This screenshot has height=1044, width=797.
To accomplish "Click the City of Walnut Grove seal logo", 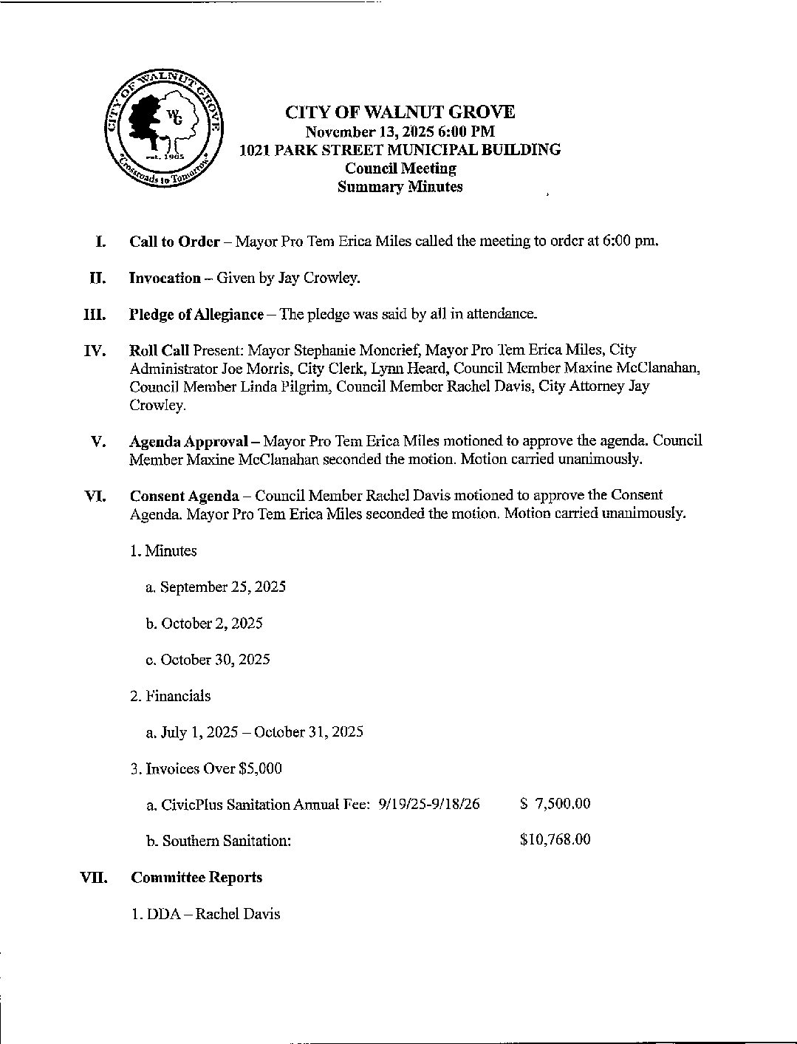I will click(163, 132).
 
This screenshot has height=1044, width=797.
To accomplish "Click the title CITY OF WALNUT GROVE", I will click(400, 112).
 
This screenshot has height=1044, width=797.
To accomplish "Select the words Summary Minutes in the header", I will click(400, 187).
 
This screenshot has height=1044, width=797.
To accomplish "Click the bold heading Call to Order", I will click(174, 241).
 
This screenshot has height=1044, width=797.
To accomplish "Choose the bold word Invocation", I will click(165, 278).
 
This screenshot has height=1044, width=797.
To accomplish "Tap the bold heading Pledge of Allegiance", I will click(196, 314).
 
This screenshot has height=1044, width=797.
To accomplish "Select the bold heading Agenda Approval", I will click(188, 441).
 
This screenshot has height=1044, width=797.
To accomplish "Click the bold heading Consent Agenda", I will click(184, 496).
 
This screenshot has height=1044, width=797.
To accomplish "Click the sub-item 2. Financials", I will click(171, 696).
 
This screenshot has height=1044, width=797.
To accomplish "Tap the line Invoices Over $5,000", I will click(206, 768).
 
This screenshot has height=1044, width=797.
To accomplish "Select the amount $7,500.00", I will click(555, 804).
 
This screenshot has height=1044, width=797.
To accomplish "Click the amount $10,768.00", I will click(555, 840).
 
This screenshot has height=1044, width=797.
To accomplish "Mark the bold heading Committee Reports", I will click(196, 878).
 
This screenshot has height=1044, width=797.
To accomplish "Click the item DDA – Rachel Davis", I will click(205, 914).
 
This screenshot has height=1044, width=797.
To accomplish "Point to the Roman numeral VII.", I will click(94, 878).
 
